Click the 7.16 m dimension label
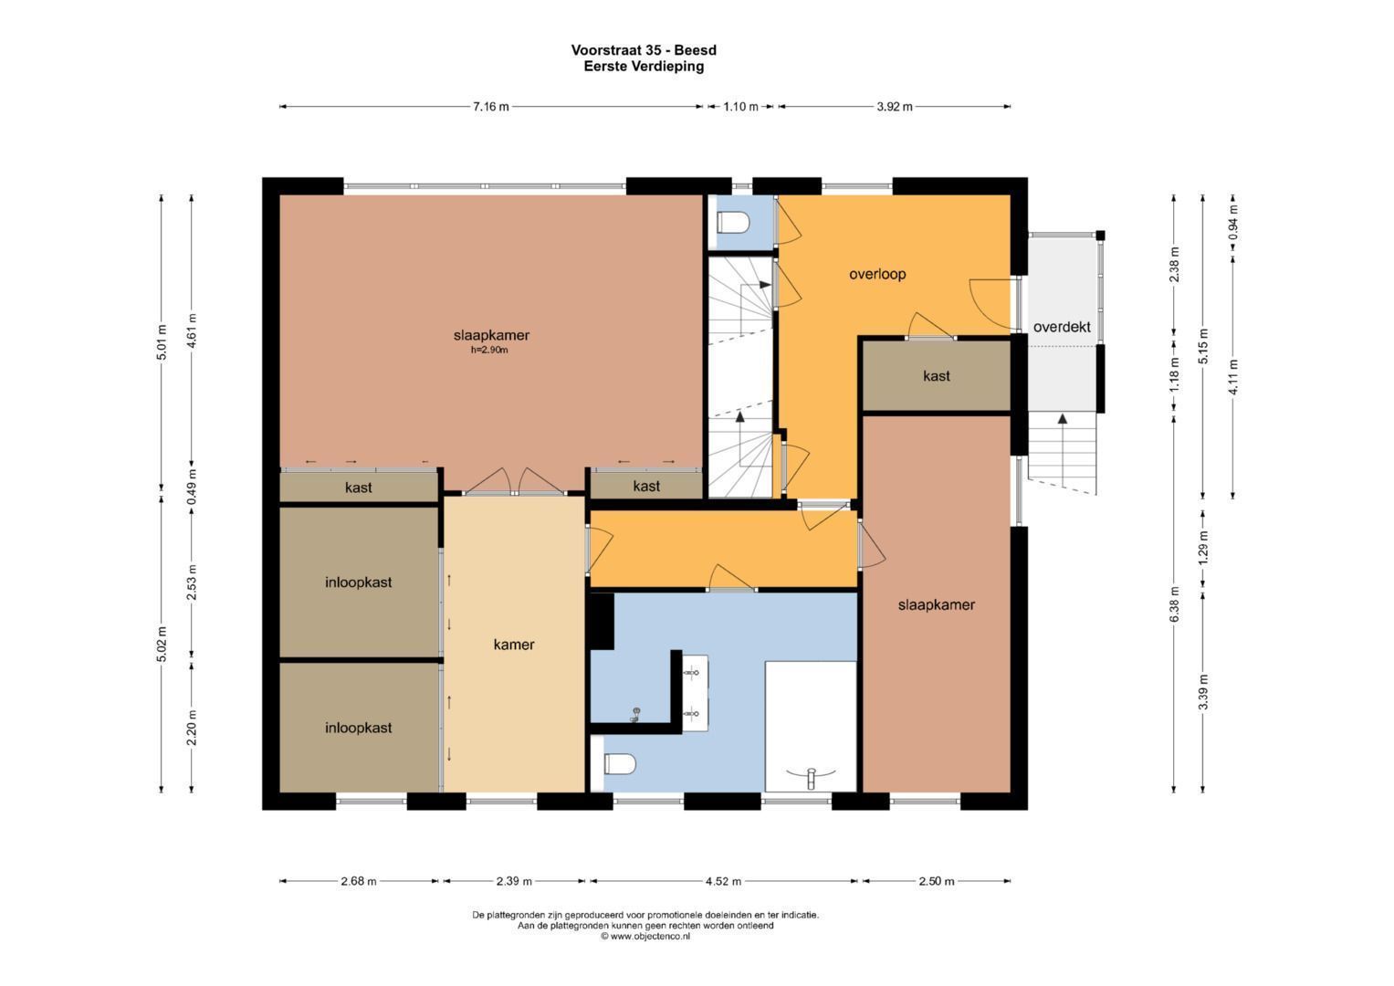491,107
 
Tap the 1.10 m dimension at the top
740,107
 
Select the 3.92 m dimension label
894,107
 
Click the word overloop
876,274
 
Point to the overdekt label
1061,327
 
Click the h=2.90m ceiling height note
490,350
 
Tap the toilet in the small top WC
733,223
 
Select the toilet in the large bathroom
619,763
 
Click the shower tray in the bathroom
811,726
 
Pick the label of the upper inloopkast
358,582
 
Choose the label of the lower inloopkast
358,728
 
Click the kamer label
514,645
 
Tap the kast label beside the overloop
936,376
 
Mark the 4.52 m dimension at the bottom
723,881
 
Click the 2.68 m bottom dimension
358,881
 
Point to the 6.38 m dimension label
1175,604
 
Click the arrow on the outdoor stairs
1062,420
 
